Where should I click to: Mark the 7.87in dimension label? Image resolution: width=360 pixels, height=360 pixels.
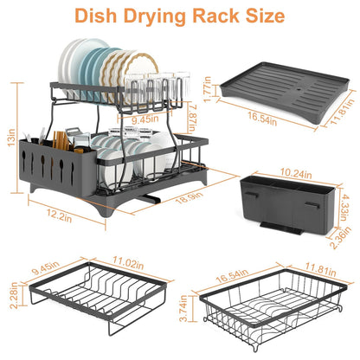click(x=195, y=113)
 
